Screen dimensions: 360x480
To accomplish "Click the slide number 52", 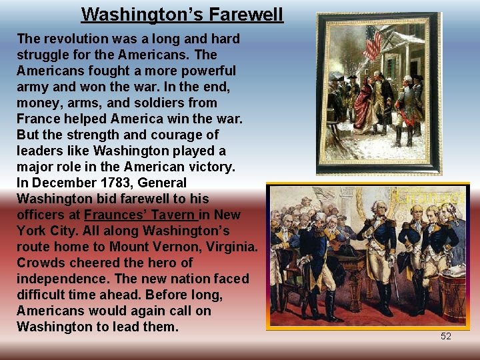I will [446, 336].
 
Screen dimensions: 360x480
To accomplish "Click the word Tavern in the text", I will [175, 215].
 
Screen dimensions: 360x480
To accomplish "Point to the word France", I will [38, 119].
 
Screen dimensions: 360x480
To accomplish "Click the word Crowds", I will [41, 263].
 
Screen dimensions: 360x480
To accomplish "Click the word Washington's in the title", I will [143, 14].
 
